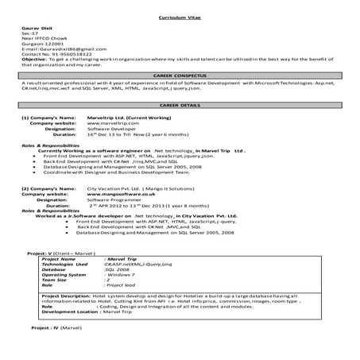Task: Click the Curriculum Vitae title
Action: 180,16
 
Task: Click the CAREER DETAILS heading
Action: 180,106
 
